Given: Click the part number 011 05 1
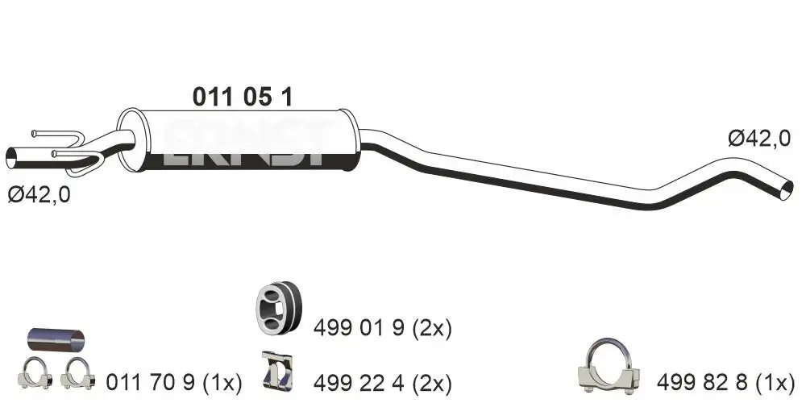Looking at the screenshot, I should pos(242,97).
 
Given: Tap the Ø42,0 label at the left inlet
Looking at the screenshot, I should pos(39,194).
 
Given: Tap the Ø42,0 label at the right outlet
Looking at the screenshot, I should pos(758,139).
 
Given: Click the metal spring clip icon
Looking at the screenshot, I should pos(276,371).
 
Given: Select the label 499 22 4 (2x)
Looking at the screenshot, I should pos(382,380).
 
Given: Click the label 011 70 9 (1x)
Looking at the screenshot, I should pos(173,380).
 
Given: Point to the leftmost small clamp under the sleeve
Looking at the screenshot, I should pos(35,372).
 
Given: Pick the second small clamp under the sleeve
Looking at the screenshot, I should pos(79,372).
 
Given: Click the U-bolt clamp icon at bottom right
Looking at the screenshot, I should pos(609,367).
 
